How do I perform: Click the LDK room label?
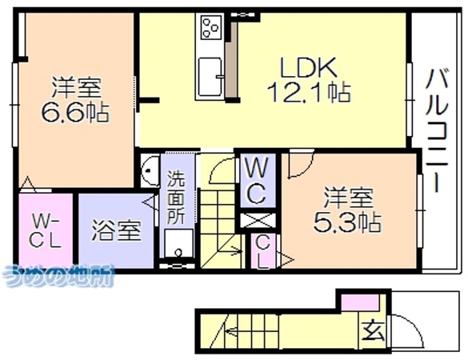point(308,67)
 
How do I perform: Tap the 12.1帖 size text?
point(309,92)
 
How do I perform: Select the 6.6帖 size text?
point(75,112)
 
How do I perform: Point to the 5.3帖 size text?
point(347,222)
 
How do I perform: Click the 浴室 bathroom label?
point(116,230)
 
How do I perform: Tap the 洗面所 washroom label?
point(175,198)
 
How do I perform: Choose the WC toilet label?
point(257,181)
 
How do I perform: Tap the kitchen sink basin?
point(210,77)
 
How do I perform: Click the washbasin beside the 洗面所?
point(149,170)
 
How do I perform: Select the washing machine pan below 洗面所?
point(178,243)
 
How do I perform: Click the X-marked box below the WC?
point(258,221)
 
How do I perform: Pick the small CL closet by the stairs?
point(263,251)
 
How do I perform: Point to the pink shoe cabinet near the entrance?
point(361,302)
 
